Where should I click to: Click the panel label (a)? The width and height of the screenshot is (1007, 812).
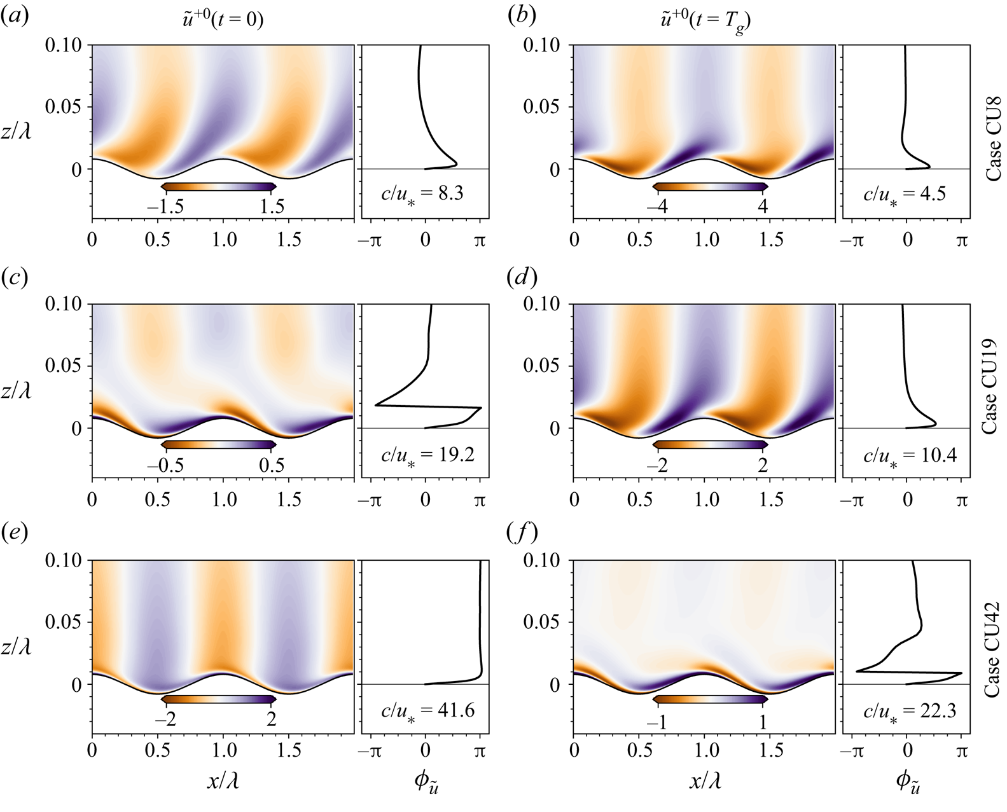[x=15, y=18]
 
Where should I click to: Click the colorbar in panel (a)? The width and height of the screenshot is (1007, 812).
[x=219, y=186]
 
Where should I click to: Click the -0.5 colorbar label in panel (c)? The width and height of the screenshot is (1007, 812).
[x=165, y=465]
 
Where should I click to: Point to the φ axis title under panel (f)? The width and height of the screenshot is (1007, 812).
[x=907, y=784]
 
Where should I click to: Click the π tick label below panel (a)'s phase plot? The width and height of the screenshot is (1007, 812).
[x=480, y=240]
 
